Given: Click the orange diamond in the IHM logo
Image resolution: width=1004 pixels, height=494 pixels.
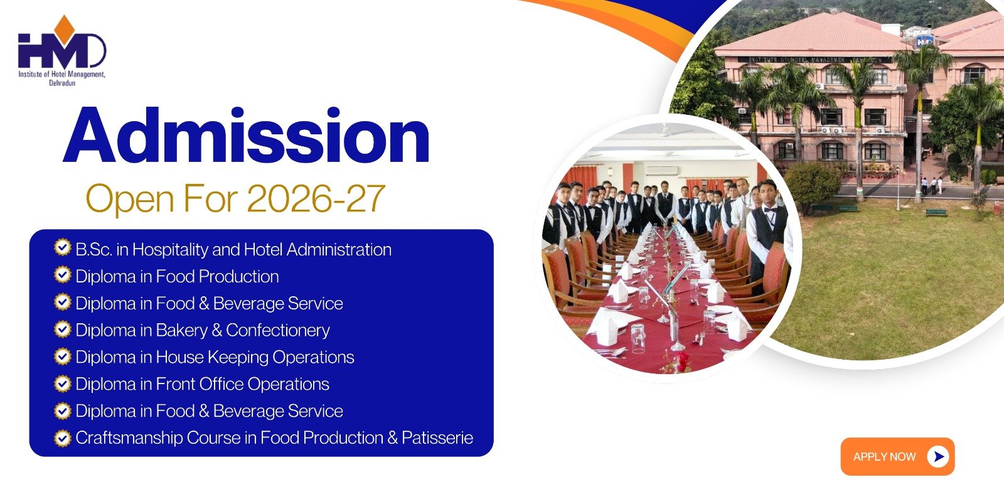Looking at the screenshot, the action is [x=64, y=26].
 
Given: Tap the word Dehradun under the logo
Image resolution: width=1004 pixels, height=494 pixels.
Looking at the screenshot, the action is [x=62, y=83].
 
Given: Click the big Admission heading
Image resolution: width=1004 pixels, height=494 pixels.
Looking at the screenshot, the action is [x=247, y=135].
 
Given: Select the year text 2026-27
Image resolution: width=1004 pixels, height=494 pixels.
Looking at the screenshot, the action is [x=316, y=198].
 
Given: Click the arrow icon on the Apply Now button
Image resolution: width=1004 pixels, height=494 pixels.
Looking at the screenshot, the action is [x=938, y=457].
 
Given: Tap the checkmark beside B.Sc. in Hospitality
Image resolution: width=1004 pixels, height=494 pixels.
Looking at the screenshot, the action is [x=63, y=247].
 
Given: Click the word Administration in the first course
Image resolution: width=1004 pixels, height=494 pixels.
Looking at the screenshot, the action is [x=339, y=250].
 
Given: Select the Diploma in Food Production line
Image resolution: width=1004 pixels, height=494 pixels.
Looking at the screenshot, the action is [x=177, y=277].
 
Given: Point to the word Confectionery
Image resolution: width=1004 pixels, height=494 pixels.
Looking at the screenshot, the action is [x=278, y=330].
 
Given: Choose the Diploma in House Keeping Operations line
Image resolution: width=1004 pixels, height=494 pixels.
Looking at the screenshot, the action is [x=215, y=357].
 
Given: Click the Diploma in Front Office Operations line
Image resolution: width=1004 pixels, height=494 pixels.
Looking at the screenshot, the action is [x=202, y=384].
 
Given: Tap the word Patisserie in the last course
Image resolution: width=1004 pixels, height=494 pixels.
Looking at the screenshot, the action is [x=437, y=438].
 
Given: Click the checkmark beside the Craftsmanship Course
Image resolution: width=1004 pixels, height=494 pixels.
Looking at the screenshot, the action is [x=63, y=438].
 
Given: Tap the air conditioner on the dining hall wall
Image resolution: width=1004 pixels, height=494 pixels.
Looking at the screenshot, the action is [x=661, y=171].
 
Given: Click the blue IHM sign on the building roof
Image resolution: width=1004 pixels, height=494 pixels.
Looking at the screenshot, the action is [x=924, y=41].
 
